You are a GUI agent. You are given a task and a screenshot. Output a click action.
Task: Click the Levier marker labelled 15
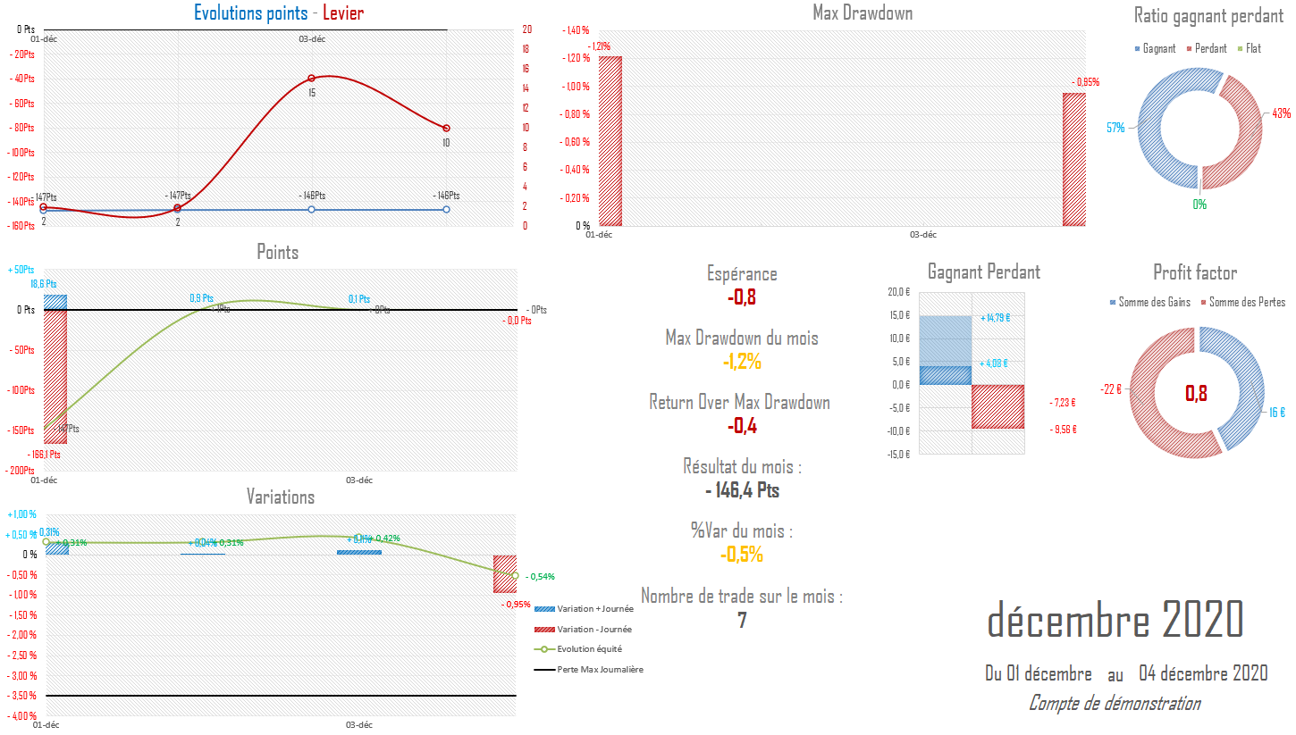tap(311, 79)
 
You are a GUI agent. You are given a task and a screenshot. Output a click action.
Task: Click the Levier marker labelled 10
tap(446, 129)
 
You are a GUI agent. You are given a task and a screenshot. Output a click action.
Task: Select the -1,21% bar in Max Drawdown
tap(610, 141)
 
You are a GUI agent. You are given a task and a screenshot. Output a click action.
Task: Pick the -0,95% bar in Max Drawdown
tap(1073, 160)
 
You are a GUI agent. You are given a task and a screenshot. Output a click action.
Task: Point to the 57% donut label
tap(1115, 128)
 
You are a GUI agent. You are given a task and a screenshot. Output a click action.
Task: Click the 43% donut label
tap(1281, 113)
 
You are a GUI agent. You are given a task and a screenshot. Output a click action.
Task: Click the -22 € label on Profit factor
tap(1111, 389)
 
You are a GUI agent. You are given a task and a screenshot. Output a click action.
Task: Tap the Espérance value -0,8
tap(742, 297)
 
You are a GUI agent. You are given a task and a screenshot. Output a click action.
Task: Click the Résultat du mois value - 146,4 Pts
tap(742, 490)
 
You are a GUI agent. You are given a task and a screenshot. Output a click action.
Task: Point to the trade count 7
tap(742, 620)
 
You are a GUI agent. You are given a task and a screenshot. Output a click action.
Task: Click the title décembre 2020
tap(1115, 619)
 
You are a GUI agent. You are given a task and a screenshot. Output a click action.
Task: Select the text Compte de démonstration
tap(1114, 704)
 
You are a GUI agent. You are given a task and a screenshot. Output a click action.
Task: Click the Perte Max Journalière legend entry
tap(599, 669)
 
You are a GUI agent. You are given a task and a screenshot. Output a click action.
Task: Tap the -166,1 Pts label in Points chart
tap(45, 455)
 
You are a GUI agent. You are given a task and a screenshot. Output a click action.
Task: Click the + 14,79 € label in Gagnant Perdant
tap(995, 318)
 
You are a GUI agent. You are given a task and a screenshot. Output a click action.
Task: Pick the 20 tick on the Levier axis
tap(527, 29)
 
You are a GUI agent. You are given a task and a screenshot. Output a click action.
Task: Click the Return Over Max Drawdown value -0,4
tap(742, 426)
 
